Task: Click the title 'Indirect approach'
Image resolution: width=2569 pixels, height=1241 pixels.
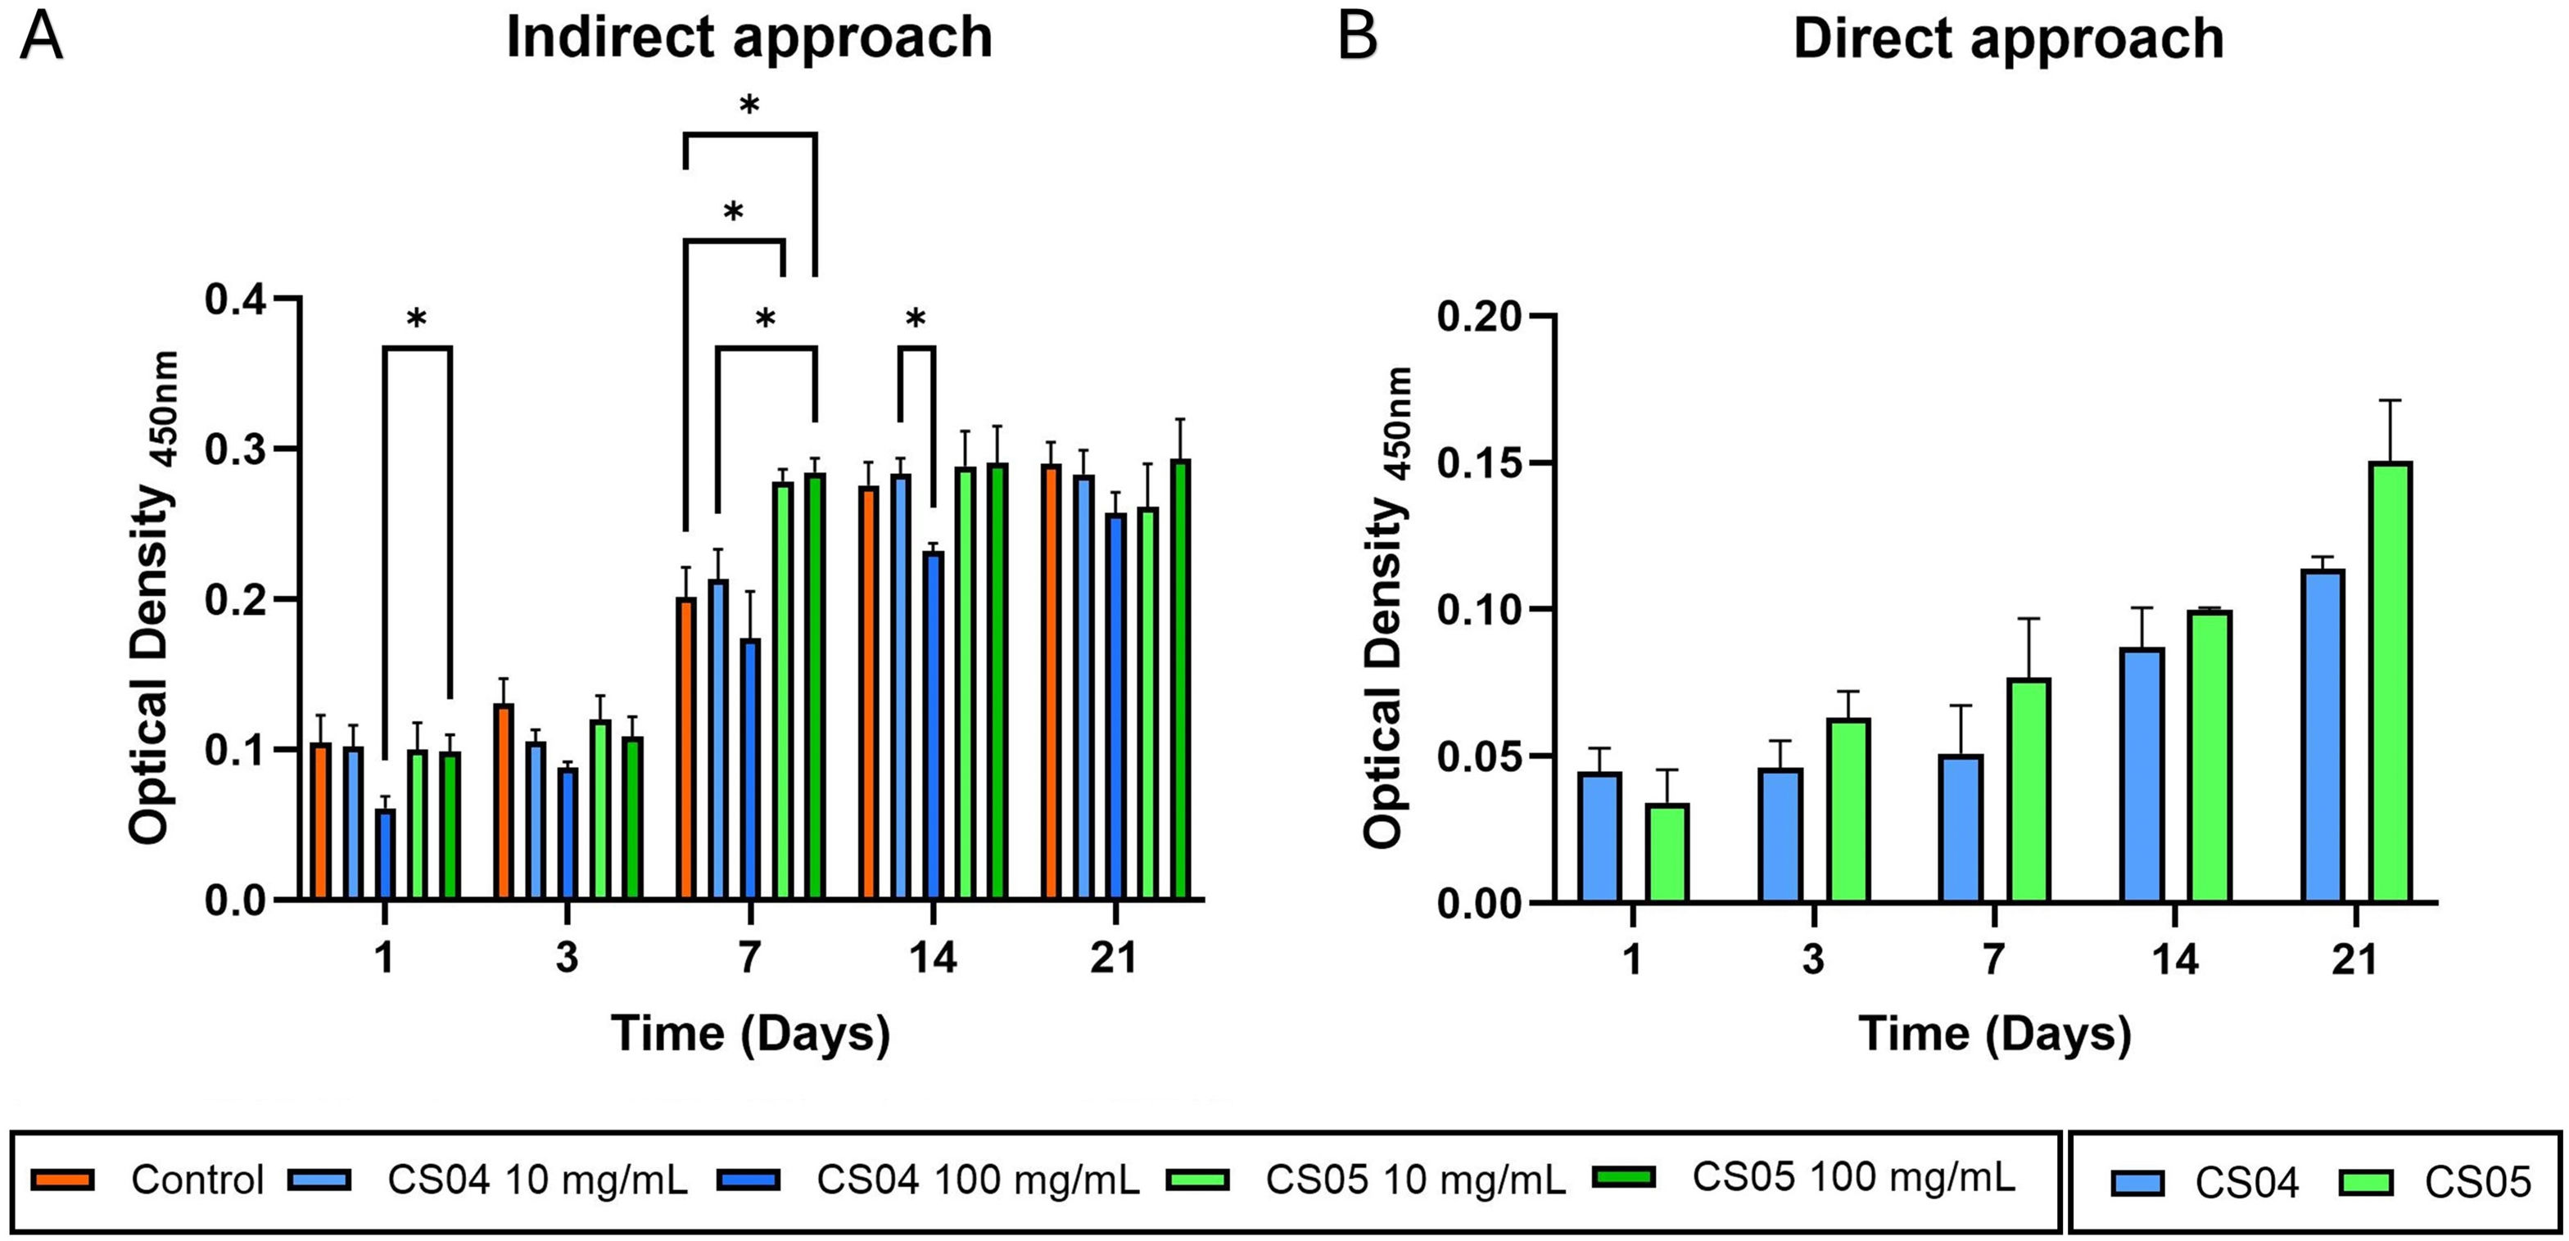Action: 749,38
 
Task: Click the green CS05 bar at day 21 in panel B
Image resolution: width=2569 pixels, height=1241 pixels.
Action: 2390,683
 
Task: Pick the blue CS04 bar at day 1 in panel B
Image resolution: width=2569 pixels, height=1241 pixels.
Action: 1599,837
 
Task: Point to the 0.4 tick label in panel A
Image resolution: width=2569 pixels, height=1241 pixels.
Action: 237,299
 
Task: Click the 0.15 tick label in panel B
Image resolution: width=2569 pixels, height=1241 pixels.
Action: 1480,464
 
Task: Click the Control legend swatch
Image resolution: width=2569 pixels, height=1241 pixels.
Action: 63,1180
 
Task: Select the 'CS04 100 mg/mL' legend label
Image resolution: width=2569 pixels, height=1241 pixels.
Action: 977,1180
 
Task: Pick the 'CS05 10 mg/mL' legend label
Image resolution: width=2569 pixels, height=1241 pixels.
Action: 1415,1180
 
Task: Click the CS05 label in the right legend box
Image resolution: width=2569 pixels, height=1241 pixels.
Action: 2477,1183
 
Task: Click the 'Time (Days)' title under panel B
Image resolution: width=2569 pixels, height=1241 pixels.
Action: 1995,1035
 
